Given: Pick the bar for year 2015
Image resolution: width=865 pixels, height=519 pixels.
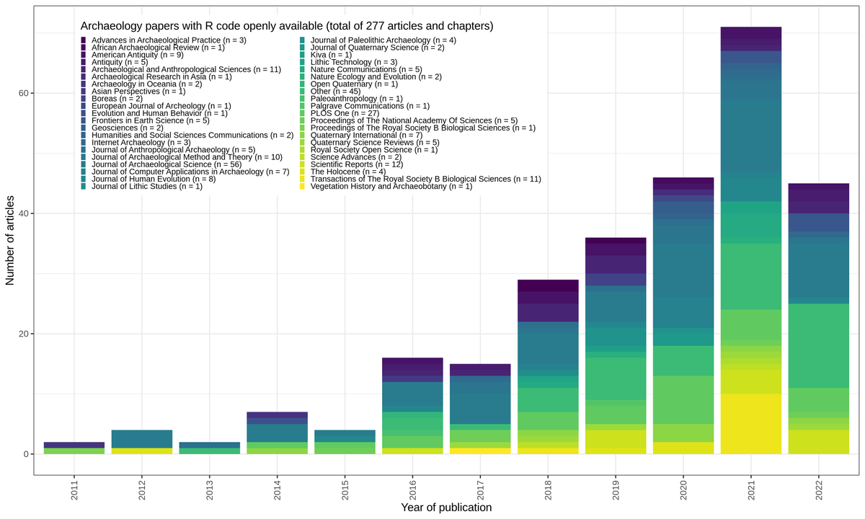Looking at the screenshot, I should pyautogui.click(x=344, y=442).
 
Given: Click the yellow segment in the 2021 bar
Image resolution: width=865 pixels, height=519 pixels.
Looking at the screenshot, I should pyautogui.click(x=751, y=424).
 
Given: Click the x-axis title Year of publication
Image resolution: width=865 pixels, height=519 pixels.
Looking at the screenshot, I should pyautogui.click(x=445, y=507).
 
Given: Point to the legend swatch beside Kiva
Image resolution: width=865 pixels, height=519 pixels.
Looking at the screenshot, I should pyautogui.click(x=302, y=55).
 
